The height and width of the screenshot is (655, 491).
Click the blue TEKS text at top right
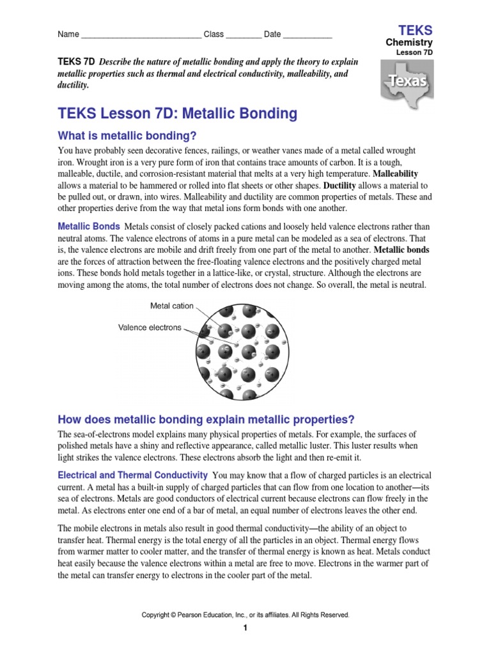coord(415,30)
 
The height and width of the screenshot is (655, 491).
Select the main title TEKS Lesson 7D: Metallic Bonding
coord(178,114)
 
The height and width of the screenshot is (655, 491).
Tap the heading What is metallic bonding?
coord(127,136)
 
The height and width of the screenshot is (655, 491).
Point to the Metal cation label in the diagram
coord(171,306)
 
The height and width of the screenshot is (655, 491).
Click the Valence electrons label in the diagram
coord(150,327)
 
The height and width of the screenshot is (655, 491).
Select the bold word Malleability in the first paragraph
coord(395,173)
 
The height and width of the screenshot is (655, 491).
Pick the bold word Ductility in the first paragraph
coord(343,185)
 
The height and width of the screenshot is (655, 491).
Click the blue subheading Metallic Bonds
coord(89,226)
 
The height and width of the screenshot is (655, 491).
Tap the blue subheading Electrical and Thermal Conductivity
coord(133,475)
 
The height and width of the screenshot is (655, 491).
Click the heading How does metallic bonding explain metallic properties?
coord(206,420)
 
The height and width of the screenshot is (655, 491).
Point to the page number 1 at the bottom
coord(244,629)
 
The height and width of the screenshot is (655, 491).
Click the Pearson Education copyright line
coord(245,615)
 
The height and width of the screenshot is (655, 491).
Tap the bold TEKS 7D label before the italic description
coord(76,62)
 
